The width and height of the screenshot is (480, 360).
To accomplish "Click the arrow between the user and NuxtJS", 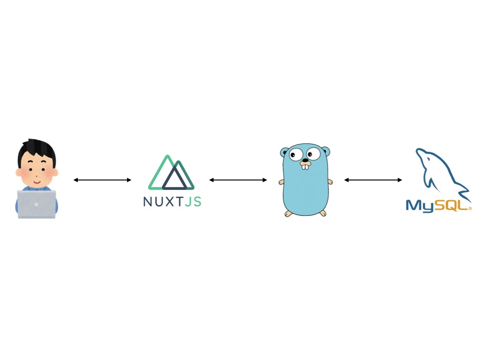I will pos(102,180).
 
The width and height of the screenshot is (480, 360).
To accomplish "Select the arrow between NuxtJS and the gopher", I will pos(238,180).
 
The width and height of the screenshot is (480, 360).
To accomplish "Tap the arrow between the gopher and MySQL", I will pos(373,180).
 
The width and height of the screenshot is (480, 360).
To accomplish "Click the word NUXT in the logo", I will pos(164,202).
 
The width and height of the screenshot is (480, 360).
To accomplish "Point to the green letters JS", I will pos(193,202).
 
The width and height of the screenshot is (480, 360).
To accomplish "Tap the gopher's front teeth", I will pos(305,166).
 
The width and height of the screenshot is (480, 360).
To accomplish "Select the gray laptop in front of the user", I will pos(37,204).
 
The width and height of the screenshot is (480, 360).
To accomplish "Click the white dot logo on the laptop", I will pos(37,205).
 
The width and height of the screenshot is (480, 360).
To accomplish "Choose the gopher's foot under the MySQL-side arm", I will pos(323,213).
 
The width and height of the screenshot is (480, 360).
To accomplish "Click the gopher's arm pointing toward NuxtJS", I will pos(281,182).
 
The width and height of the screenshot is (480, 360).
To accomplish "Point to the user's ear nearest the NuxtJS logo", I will pos(55,172).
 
